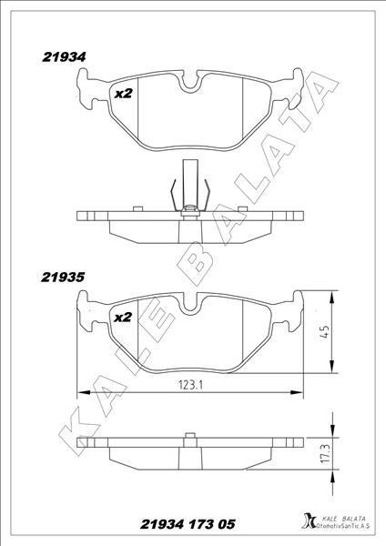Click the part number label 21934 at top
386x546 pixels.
64,56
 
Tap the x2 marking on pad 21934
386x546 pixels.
122,93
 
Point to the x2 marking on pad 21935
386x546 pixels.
122,317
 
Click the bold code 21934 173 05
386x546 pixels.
188,525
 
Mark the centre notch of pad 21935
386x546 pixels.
190,308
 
